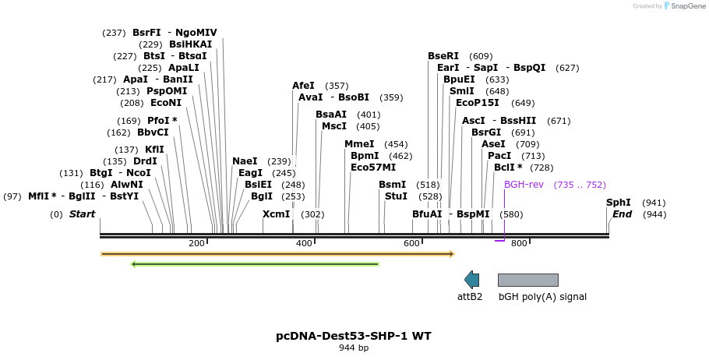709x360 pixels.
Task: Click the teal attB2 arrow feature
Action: point(471,280)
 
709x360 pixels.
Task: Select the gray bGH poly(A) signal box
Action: point(527,280)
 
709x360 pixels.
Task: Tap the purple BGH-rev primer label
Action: point(524,185)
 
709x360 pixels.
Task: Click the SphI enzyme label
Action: point(619,203)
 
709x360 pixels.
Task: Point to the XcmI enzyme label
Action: point(276,214)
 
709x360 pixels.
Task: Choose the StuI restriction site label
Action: point(396,196)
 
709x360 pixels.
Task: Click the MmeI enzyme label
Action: point(358,144)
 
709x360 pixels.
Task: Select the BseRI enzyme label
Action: point(443,56)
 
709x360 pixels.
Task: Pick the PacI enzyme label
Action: point(499,156)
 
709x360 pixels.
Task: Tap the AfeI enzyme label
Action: point(303,86)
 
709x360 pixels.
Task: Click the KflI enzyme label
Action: point(154,150)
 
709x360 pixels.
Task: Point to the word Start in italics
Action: point(82,214)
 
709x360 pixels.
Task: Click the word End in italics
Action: point(623,214)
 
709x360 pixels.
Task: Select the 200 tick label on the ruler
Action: point(196,244)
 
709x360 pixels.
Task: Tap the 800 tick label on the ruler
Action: point(519,244)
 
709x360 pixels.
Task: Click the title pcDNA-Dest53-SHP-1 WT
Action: point(354,336)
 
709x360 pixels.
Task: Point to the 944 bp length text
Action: point(354,348)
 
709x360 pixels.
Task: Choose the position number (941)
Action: point(654,203)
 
